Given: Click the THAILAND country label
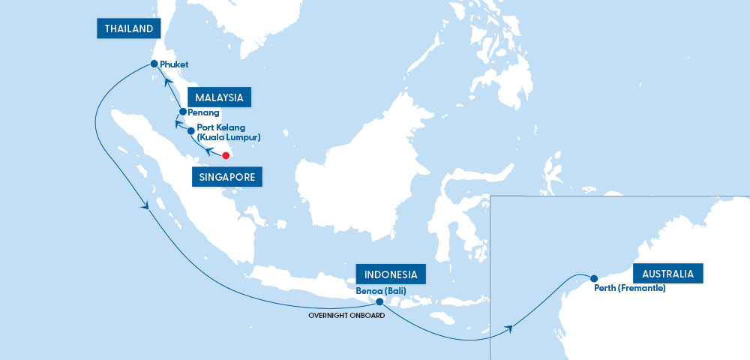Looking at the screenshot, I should tap(130, 29).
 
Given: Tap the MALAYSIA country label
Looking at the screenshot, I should tap(219, 97).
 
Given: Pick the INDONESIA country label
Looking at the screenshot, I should tap(391, 274).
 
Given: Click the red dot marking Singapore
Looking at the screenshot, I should tap(225, 155).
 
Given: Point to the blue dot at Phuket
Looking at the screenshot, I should tap(154, 64).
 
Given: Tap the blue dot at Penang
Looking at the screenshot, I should tap(182, 112).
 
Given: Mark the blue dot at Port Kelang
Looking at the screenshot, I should tap(190, 130).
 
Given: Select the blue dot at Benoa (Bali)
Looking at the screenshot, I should tap(379, 302).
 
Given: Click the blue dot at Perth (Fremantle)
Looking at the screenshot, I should tap(593, 277).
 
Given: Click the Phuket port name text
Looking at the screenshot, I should tap(174, 65).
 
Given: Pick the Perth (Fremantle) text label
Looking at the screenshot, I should tap(628, 288).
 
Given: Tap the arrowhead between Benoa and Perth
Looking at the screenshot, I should tap(509, 328).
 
